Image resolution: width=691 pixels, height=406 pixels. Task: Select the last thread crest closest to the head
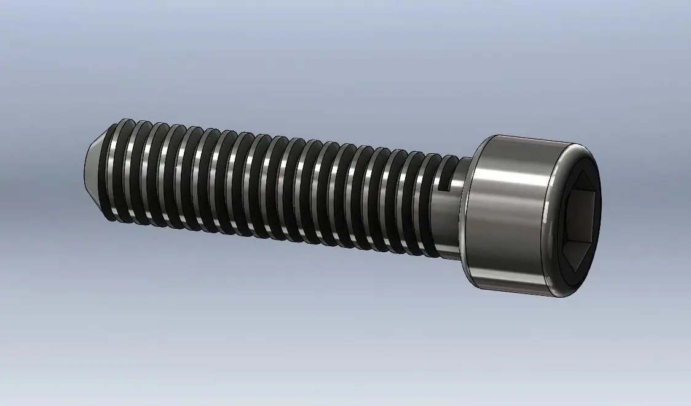pyautogui.click(x=433, y=206)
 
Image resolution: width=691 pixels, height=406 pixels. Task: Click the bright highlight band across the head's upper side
pyautogui.click(x=510, y=178)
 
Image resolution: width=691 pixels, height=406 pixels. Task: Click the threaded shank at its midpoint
pyautogui.click(x=277, y=188)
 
